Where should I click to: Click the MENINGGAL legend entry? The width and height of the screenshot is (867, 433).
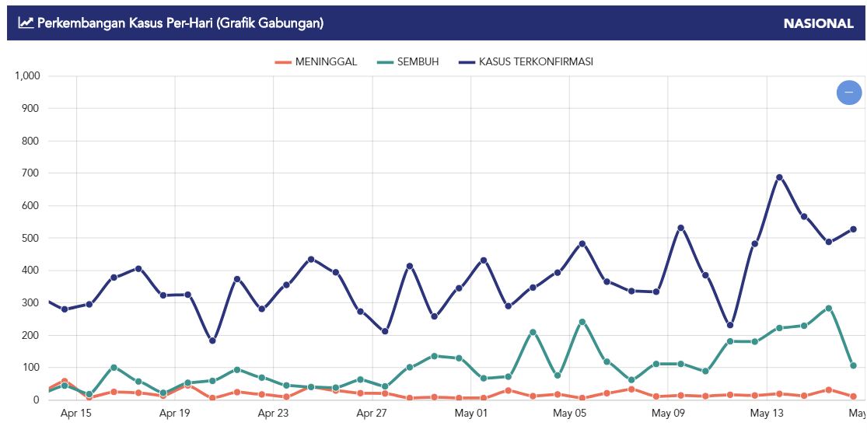coord(316,62)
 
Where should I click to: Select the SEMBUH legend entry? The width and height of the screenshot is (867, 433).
coord(407,62)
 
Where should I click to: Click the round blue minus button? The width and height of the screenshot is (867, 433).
coord(848,93)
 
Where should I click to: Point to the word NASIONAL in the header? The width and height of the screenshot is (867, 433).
coord(818,23)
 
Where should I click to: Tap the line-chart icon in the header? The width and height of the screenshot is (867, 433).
coord(26,23)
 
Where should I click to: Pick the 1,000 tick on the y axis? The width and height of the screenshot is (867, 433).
coord(27,76)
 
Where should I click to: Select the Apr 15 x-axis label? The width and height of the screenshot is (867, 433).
coord(76,413)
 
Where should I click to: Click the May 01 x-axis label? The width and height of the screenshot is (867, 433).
coord(471,413)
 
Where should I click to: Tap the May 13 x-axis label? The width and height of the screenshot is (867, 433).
coord(767,413)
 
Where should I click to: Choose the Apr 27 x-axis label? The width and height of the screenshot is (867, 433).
coord(372,413)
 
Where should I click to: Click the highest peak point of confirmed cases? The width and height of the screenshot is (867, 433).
coord(779,177)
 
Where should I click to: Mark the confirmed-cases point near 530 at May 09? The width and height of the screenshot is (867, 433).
coord(680,228)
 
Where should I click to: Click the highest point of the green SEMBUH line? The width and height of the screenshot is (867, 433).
coord(829,308)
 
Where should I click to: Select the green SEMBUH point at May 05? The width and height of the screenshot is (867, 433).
coord(582,321)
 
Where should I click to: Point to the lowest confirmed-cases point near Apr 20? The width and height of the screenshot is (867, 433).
coord(212,340)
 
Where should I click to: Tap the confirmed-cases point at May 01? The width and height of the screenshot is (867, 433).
coord(484,260)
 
